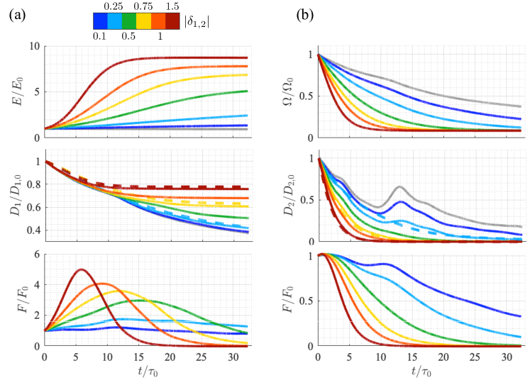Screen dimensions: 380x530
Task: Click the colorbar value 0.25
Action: point(112,7)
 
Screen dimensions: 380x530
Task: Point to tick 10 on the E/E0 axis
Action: point(34,47)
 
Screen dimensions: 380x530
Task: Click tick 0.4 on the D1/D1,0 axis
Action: point(32,231)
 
